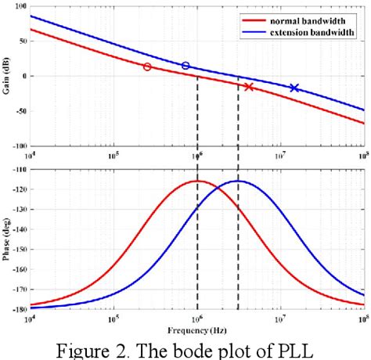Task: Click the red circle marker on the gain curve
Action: pos(147,67)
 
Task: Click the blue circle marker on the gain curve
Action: pos(185,66)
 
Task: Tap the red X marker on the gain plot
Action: pos(249,87)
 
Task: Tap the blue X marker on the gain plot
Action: pos(294,88)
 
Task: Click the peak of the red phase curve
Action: pos(197,182)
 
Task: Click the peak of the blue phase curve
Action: pos(239,182)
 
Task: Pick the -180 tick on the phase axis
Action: pos(18,309)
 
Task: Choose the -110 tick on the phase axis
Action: pos(18,167)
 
